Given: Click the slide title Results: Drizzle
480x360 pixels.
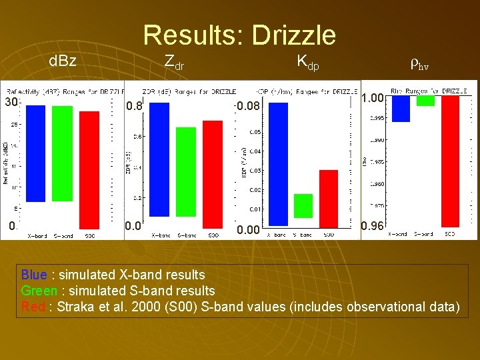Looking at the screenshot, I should pyautogui.click(x=239, y=35).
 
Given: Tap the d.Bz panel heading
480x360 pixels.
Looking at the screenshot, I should pyautogui.click(x=63, y=62).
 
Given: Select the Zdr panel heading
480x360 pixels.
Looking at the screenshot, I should pyautogui.click(x=174, y=62).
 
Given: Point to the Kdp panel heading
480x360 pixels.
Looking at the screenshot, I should pyautogui.click(x=308, y=62).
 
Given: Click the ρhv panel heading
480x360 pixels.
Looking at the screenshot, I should pyautogui.click(x=419, y=64).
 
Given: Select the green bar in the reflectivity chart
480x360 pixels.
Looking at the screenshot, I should pyautogui.click(x=62, y=153).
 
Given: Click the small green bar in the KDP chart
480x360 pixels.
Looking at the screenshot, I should pyautogui.click(x=303, y=206).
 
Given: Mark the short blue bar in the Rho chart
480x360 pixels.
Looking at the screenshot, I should pyautogui.click(x=401, y=108).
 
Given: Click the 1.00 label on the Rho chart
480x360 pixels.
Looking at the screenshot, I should pyautogui.click(x=372, y=98).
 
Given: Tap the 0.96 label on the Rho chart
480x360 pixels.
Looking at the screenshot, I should pyautogui.click(x=371, y=226).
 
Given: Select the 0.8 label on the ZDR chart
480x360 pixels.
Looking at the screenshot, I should pyautogui.click(x=134, y=105).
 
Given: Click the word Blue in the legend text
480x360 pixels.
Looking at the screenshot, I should pyautogui.click(x=33, y=275).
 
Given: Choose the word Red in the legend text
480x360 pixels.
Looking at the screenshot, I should pyautogui.click(x=32, y=307).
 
